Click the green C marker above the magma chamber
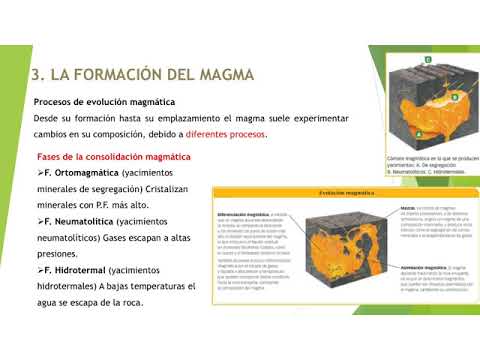coord(428,60)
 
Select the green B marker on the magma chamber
coord(453,97)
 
